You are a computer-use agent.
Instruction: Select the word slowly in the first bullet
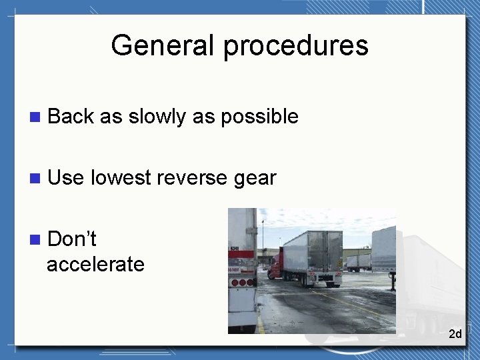pyautogui.click(x=157, y=117)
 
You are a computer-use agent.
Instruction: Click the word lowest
pyautogui.click(x=121, y=178)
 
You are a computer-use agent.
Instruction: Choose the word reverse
pyautogui.click(x=193, y=178)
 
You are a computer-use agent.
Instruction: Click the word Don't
pyautogui.click(x=72, y=239)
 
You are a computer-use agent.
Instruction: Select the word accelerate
pyautogui.click(x=95, y=264)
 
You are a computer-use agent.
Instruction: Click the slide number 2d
pyautogui.click(x=455, y=333)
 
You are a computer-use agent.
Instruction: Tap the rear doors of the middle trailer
pyautogui.click(x=325, y=250)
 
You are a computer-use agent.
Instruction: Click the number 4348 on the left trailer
pyautogui.click(x=235, y=248)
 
